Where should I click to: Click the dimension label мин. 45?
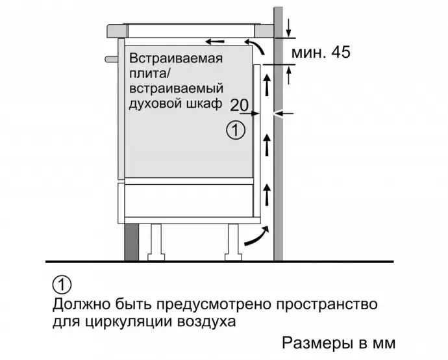(321, 53)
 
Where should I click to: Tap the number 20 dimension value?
(240, 105)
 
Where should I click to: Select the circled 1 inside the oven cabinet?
(236, 131)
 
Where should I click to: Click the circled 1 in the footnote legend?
(62, 285)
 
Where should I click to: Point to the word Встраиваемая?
(176, 58)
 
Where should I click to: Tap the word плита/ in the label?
(149, 73)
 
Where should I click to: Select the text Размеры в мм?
(339, 342)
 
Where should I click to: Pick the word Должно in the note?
(81, 304)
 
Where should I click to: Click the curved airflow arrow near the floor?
(256, 237)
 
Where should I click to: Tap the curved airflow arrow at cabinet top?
(256, 47)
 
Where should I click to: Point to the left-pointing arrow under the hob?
(215, 42)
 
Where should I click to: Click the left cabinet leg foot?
(156, 257)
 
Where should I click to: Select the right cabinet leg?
(233, 242)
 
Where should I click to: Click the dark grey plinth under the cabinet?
(131, 242)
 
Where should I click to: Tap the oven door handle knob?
(112, 58)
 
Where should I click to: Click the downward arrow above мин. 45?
(289, 28)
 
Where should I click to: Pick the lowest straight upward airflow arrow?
(267, 194)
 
